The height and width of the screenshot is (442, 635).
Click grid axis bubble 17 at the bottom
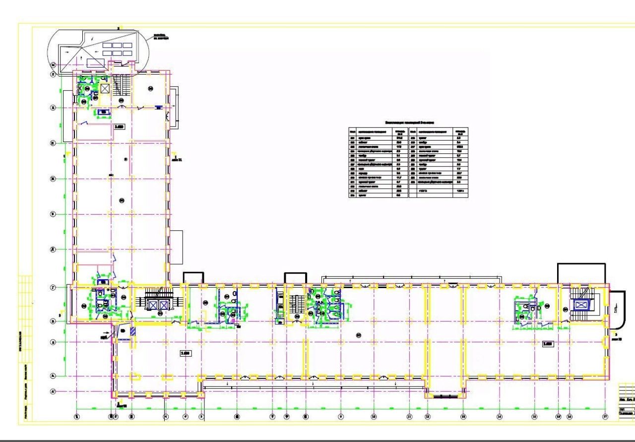coord(605,417)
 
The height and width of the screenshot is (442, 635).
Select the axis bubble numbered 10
coord(374,417)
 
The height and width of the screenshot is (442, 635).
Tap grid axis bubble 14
coord(500,417)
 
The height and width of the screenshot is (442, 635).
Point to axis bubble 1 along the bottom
coord(77,417)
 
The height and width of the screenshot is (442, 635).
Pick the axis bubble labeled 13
coord(463,417)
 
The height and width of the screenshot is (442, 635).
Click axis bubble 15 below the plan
coord(534,417)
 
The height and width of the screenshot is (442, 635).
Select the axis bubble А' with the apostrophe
coord(53,392)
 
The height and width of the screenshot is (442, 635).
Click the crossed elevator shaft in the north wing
coord(105,89)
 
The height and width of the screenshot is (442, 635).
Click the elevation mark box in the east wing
coord(548,343)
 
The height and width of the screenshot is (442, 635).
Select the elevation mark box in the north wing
coord(119,127)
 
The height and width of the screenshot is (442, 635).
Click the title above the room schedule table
coord(409,122)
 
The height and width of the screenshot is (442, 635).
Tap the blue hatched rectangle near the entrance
coord(132,331)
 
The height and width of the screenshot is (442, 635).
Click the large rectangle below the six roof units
coord(93,63)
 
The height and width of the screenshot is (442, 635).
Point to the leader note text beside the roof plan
coord(160,37)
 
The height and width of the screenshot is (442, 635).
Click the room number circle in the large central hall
coord(358,335)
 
